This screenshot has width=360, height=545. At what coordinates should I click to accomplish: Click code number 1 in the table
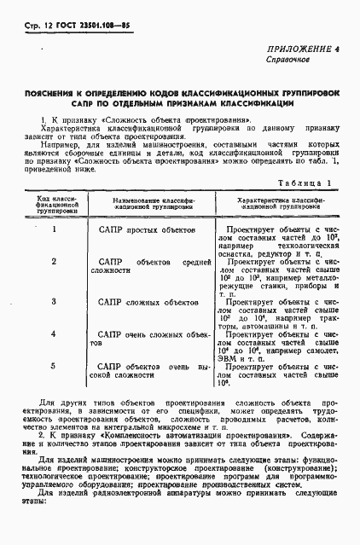click(x=54, y=229)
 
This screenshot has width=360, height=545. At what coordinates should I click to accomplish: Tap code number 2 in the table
click(x=54, y=260)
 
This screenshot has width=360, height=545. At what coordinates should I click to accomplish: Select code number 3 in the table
click(x=54, y=301)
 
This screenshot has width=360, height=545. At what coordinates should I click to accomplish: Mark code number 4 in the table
click(x=54, y=333)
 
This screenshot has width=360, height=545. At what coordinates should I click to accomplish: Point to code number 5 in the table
click(x=54, y=365)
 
